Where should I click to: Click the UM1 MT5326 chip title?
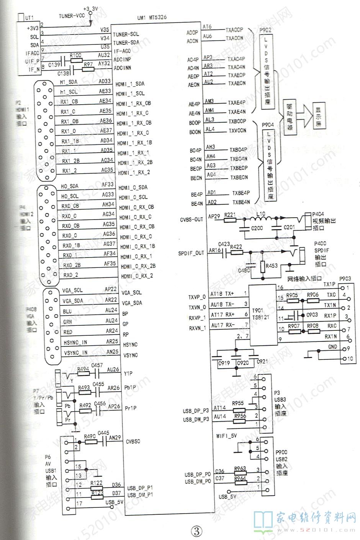pyautogui.click(x=152, y=18)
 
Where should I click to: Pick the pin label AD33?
pyautogui.click(x=105, y=81)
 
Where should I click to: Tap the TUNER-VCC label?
pyautogui.click(x=71, y=16)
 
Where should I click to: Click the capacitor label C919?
pyautogui.click(x=224, y=363)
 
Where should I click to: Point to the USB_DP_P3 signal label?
pyautogui.click(x=196, y=411)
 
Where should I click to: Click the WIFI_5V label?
pyautogui.click(x=226, y=436)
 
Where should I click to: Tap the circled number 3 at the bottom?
pyautogui.click(x=196, y=530)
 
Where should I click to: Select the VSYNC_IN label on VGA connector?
pyautogui.click(x=75, y=353)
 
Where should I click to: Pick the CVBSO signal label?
pyautogui.click(x=133, y=442)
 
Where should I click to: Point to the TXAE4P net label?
pyautogui.click(x=237, y=102)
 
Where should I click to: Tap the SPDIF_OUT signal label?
pyautogui.click(x=191, y=253)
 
